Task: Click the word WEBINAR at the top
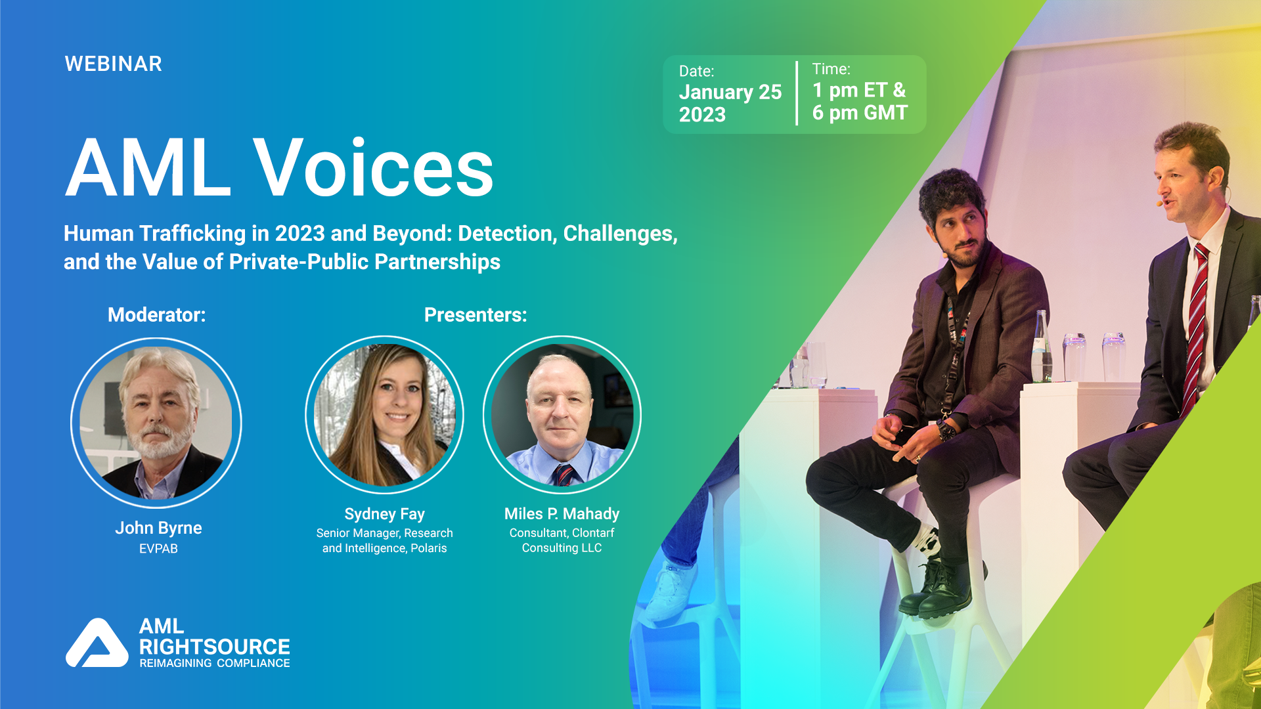(x=113, y=64)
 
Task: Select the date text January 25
(x=730, y=92)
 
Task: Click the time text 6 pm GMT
(x=859, y=113)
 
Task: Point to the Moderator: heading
(x=156, y=315)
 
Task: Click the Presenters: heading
(x=475, y=315)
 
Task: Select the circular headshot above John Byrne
(x=156, y=423)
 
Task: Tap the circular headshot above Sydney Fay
(x=385, y=415)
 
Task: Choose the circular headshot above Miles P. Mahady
(x=562, y=415)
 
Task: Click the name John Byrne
(x=158, y=528)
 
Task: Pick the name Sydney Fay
(x=384, y=514)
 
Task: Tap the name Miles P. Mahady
(x=562, y=514)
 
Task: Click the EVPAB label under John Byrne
(x=158, y=549)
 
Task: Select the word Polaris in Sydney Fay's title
(x=428, y=548)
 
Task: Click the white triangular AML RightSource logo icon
(x=97, y=645)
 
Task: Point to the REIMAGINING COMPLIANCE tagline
(x=214, y=664)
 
